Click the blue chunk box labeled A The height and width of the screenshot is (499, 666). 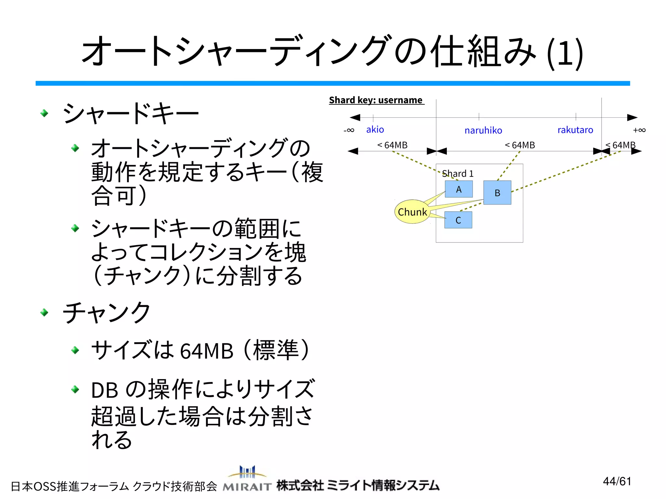tap(459, 189)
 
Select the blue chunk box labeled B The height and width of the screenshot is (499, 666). tap(497, 193)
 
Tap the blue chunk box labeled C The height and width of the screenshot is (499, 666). tap(458, 220)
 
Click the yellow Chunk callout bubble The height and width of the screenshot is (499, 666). tap(412, 212)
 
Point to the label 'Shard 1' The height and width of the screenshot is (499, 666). tap(458, 174)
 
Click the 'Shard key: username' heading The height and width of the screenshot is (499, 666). tap(376, 100)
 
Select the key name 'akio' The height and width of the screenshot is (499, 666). tap(375, 130)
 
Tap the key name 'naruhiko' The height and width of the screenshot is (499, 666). tap(483, 130)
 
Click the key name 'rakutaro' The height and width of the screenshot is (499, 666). tap(575, 130)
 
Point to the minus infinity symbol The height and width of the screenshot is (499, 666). tap(349, 130)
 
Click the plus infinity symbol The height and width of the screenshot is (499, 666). tap(639, 130)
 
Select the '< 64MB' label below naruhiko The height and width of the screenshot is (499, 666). tap(520, 145)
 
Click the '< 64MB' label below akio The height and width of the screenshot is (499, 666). tap(392, 145)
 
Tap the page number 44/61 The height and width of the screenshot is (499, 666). tap(617, 481)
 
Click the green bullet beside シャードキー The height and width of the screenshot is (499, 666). tap(45, 113)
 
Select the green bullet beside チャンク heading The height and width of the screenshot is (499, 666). tap(45, 313)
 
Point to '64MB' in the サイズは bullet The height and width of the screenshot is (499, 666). tap(206, 351)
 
